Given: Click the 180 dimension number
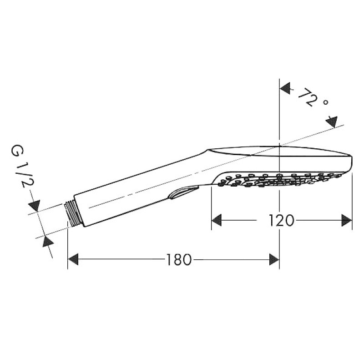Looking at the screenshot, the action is (179, 260).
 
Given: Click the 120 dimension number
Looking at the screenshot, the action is (281, 221).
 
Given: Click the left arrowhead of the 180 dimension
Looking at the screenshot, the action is (73, 259).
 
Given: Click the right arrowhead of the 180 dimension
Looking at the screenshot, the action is (274, 259).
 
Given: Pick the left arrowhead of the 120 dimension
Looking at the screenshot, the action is (217, 220).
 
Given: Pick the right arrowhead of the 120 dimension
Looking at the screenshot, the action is (347, 220).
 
